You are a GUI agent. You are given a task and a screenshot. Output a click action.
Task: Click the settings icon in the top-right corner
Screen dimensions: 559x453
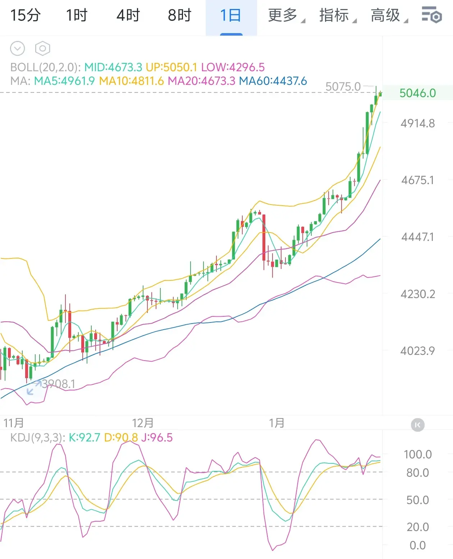431,15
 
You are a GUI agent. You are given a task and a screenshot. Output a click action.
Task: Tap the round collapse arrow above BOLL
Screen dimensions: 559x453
18,48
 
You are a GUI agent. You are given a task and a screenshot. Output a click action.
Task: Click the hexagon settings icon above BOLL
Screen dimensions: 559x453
42,48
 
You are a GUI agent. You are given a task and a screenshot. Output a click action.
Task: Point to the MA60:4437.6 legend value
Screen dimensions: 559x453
273,81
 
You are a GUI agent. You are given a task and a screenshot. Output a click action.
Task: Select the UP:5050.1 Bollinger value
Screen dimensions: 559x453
171,67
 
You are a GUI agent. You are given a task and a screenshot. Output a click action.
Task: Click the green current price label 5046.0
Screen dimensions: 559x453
417,93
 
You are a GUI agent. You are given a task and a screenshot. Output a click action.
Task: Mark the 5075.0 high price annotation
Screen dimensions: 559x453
343,87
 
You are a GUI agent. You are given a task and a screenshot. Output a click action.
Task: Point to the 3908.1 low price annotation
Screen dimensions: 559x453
58,384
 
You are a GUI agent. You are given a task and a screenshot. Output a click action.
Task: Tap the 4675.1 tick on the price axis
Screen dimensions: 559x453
417,180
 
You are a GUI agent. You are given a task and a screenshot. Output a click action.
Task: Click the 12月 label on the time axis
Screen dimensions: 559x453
143,423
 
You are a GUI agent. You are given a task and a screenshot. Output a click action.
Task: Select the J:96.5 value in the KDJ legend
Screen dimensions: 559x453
157,437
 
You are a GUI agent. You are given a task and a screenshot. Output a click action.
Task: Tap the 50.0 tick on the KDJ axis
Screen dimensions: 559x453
417,500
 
